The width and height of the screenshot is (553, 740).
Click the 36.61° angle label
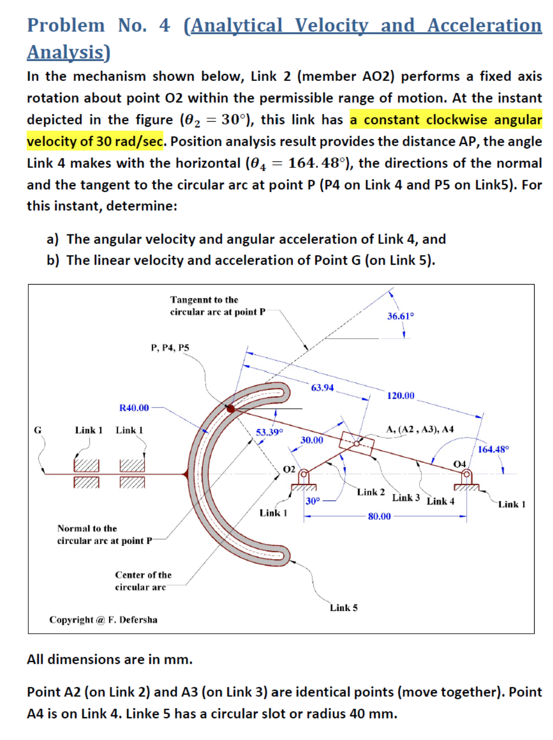coord(400,316)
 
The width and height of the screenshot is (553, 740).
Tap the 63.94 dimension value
coord(322,387)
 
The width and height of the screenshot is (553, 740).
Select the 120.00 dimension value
coord(400,396)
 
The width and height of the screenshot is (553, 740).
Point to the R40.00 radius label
coord(134,408)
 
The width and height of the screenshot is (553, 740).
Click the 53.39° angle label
coord(269,432)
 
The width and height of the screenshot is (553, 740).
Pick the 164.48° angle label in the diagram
coord(493,449)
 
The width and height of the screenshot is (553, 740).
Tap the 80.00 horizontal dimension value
coord(379,517)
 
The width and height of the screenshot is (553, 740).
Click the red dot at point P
coord(231,409)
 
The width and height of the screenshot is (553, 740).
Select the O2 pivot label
coord(289,469)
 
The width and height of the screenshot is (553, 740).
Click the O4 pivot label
coord(459,464)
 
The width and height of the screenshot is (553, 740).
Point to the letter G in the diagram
coord(38,430)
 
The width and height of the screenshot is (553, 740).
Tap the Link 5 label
coord(344,608)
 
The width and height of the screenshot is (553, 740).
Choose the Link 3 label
coord(406,498)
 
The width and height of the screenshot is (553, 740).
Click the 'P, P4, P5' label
coord(170,348)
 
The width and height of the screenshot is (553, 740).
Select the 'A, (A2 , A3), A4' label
coord(419,429)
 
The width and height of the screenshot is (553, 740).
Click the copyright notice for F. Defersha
coord(103,620)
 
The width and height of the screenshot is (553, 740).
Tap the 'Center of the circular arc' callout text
coord(143,581)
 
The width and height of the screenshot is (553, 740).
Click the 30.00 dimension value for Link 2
coord(311,440)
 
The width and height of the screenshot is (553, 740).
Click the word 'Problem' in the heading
coord(66,25)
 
